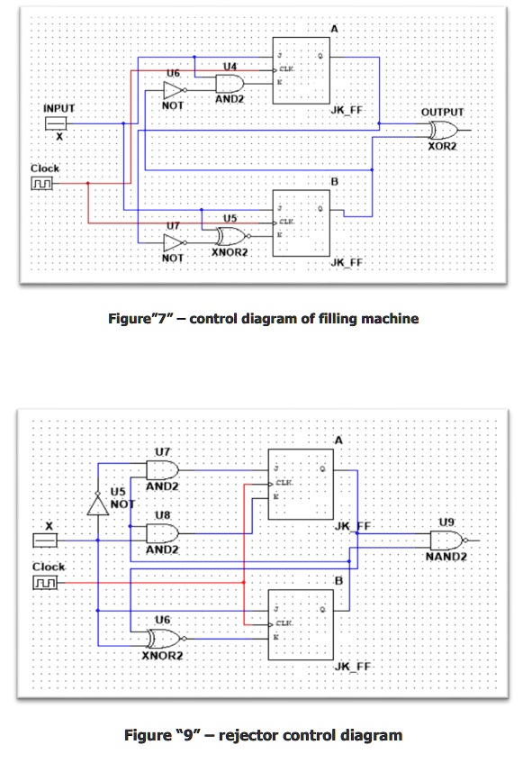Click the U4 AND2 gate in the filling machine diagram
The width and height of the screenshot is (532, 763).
[x=229, y=83]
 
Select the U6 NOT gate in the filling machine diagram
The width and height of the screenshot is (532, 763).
[x=173, y=90]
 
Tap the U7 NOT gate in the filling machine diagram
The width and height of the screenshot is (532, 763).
[x=173, y=242]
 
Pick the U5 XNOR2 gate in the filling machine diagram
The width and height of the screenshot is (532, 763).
[x=230, y=237]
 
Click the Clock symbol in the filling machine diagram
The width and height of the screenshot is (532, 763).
[x=43, y=184]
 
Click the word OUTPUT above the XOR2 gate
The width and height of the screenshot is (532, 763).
[x=442, y=112]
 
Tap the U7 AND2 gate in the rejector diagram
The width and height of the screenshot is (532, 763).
[x=163, y=469]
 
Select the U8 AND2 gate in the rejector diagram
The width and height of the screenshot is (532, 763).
[x=163, y=533]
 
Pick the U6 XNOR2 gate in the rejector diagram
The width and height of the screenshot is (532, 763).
[x=164, y=639]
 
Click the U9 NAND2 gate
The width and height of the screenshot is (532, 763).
[x=445, y=540]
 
